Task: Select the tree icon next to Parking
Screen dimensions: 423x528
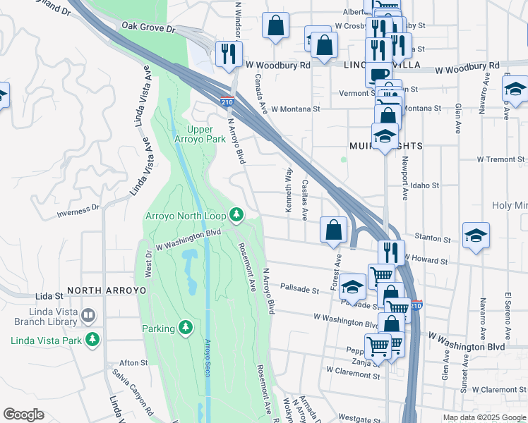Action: pos(185,327)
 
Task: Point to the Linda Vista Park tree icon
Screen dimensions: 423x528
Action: pos(92,341)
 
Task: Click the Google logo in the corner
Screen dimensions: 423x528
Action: pos(23,414)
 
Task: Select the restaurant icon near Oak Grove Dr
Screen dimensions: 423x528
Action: pos(229,54)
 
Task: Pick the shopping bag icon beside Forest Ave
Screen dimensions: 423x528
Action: pos(333,230)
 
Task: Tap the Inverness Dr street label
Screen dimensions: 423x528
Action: pos(78,209)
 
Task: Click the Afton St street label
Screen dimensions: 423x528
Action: pos(133,362)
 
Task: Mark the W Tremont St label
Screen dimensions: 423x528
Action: pos(501,159)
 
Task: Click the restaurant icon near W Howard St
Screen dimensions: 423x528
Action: pos(390,252)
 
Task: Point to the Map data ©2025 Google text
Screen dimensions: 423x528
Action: pos(484,417)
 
